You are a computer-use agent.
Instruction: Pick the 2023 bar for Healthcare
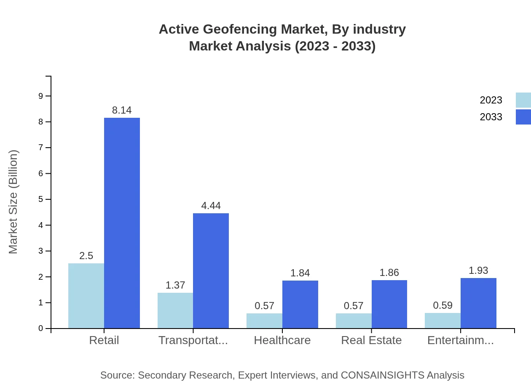tap(264, 321)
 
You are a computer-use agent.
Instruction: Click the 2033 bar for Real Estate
tap(389, 304)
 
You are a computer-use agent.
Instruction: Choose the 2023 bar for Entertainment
tap(442, 321)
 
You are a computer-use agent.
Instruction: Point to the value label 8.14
tap(122, 110)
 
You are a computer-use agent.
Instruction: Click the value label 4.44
tap(211, 206)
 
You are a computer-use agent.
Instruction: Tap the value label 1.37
tap(175, 285)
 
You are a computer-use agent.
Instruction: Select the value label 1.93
tap(478, 270)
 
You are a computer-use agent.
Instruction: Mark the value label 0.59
tap(442, 306)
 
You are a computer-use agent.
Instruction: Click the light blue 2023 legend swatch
tap(523, 100)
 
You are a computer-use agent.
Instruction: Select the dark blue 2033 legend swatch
tap(523, 117)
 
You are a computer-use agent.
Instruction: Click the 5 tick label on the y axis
tap(41, 199)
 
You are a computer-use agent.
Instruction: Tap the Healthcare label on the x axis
tap(282, 340)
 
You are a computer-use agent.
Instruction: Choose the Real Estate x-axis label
tap(371, 340)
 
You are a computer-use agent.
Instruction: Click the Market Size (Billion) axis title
tap(13, 202)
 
